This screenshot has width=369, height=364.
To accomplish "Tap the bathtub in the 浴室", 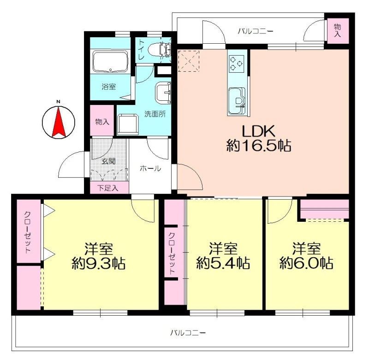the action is (x=110, y=62).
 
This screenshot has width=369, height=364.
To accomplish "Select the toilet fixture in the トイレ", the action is (x=160, y=49).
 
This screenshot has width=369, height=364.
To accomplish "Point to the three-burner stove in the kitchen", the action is (x=236, y=63).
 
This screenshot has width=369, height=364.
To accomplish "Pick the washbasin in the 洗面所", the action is (x=163, y=93).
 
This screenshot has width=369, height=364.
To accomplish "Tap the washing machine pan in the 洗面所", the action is (x=128, y=125).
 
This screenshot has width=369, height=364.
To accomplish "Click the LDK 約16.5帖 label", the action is (x=259, y=139).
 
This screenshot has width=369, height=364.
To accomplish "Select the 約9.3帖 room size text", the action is (x=99, y=264).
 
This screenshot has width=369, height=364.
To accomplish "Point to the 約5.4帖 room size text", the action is (x=223, y=264).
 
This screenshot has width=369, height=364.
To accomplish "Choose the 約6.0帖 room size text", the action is (x=306, y=264).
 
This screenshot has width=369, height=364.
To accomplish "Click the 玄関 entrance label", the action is (x=108, y=162).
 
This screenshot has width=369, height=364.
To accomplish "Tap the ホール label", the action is (x=151, y=168).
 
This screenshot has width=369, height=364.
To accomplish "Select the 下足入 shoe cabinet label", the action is (x=108, y=188).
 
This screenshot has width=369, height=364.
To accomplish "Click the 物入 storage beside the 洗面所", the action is (x=102, y=122).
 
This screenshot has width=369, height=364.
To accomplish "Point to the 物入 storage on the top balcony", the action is (x=338, y=30).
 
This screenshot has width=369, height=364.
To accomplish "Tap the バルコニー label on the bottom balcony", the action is (x=188, y=333).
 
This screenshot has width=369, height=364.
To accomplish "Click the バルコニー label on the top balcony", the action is (x=256, y=31).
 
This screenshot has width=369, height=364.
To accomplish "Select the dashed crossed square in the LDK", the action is (x=189, y=61).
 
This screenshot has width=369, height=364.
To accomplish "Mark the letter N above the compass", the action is (x=58, y=102).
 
